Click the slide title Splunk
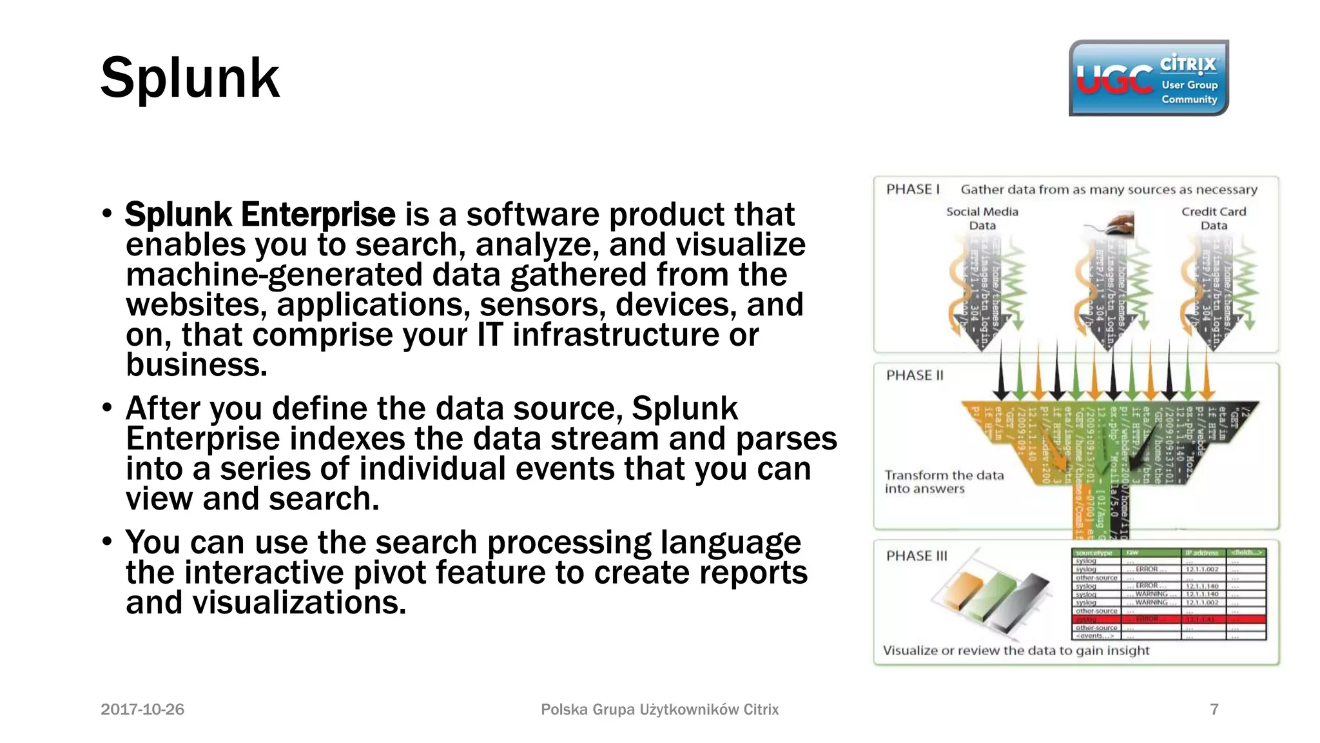[x=190, y=79]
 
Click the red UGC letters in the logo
[x=1114, y=80]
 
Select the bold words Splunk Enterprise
[x=260, y=215]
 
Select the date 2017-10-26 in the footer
[x=142, y=709]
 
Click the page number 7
[x=1214, y=709]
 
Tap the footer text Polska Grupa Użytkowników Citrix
[x=659, y=709]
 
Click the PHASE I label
[x=913, y=190]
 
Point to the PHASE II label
[x=915, y=375]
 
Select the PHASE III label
[x=917, y=556]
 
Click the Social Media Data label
[x=982, y=219]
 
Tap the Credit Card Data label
[x=1214, y=219]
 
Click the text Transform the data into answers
[x=944, y=482]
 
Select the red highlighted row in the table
[x=1168, y=619]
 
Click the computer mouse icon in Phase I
[x=1118, y=225]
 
